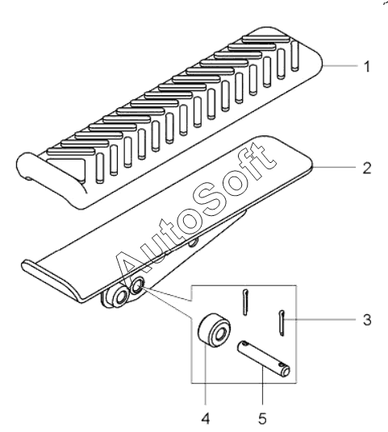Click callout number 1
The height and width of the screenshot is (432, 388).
point(367,67)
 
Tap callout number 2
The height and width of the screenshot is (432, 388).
point(367,168)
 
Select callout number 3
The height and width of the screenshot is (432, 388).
point(367,320)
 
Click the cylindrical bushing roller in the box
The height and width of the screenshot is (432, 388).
point(215,330)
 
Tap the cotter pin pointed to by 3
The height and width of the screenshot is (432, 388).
point(282,323)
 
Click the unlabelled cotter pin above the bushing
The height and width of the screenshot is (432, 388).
point(245,302)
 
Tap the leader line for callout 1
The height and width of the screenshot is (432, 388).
point(340,65)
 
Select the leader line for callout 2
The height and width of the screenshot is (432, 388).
point(336,167)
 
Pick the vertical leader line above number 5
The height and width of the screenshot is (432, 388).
point(262,385)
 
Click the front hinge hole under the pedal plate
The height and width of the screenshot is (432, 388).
point(121,297)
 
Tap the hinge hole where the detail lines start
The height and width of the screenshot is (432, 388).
point(137,286)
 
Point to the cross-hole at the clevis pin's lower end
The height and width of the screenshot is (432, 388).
point(282,366)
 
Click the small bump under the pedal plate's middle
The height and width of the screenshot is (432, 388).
point(194,242)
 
